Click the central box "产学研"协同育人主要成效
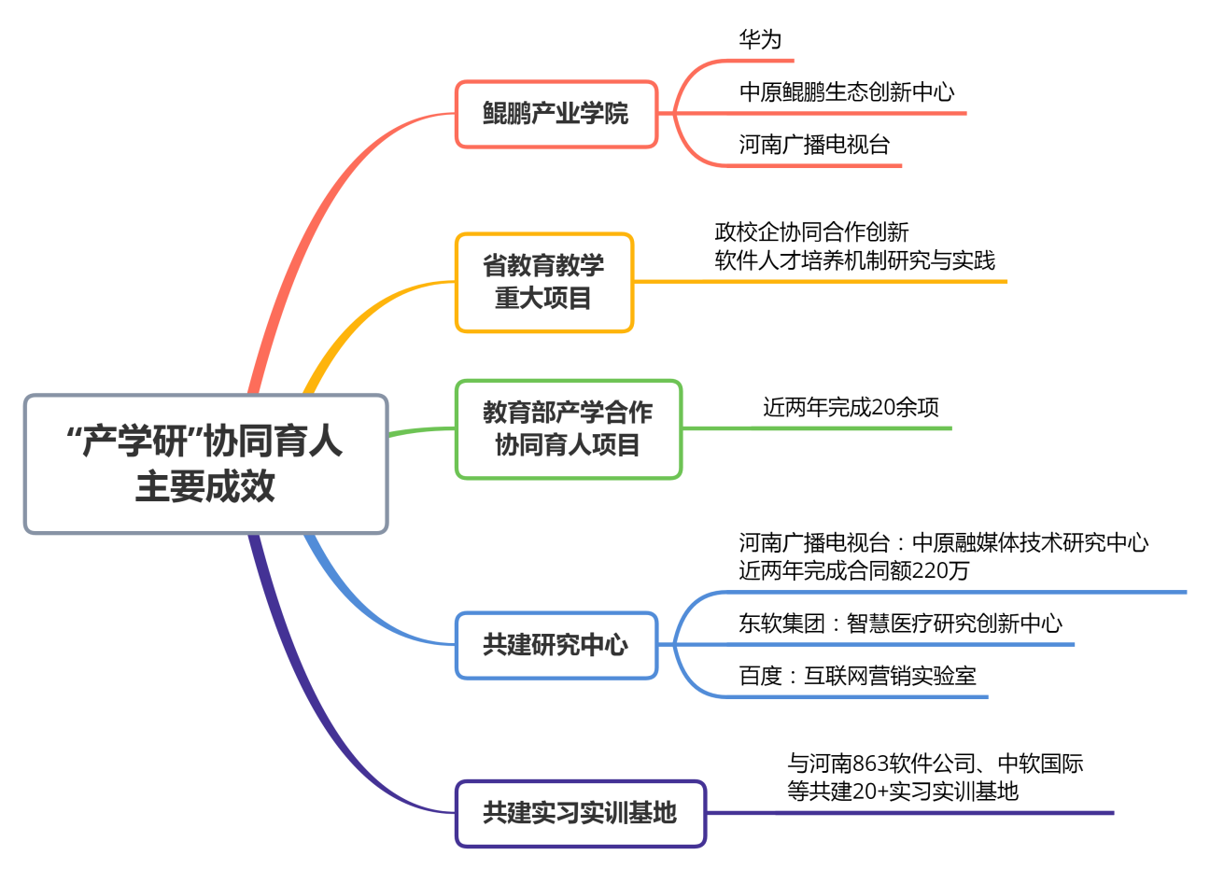coord(205,464)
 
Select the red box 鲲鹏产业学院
coord(556,114)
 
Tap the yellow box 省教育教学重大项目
coord(544,283)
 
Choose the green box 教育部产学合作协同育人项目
coord(569,429)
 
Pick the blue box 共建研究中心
coord(556,645)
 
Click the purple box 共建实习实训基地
coord(581,813)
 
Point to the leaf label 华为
coord(760,39)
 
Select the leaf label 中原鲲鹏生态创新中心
coord(847,91)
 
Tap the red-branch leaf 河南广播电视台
coord(814,144)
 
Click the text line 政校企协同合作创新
coord(811,232)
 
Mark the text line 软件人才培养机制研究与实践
coord(854,260)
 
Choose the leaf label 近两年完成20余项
coord(851,407)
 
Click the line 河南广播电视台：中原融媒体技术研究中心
coord(944,543)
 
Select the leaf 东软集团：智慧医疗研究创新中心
coord(900,624)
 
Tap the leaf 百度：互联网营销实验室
coord(857,676)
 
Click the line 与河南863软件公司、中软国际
coord(936,764)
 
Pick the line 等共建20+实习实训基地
coord(903,792)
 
